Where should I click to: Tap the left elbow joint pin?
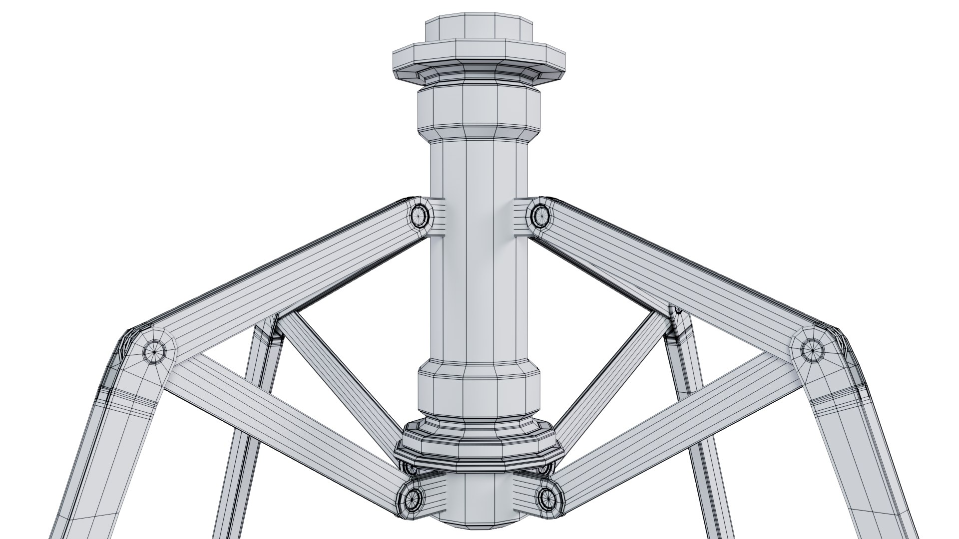coord(154,352)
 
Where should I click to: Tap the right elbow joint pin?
coord(814,349)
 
